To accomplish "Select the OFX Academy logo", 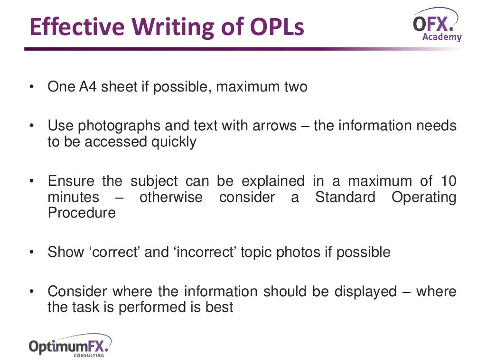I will [x=436, y=25].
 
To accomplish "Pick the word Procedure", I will [x=82, y=213].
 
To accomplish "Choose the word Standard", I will [x=345, y=197].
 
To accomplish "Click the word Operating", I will [x=424, y=197].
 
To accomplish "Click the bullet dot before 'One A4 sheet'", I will [x=31, y=87].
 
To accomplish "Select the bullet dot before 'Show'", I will [x=31, y=252].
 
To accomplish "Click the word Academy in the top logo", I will [x=441, y=36].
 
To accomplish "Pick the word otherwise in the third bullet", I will [x=171, y=197].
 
